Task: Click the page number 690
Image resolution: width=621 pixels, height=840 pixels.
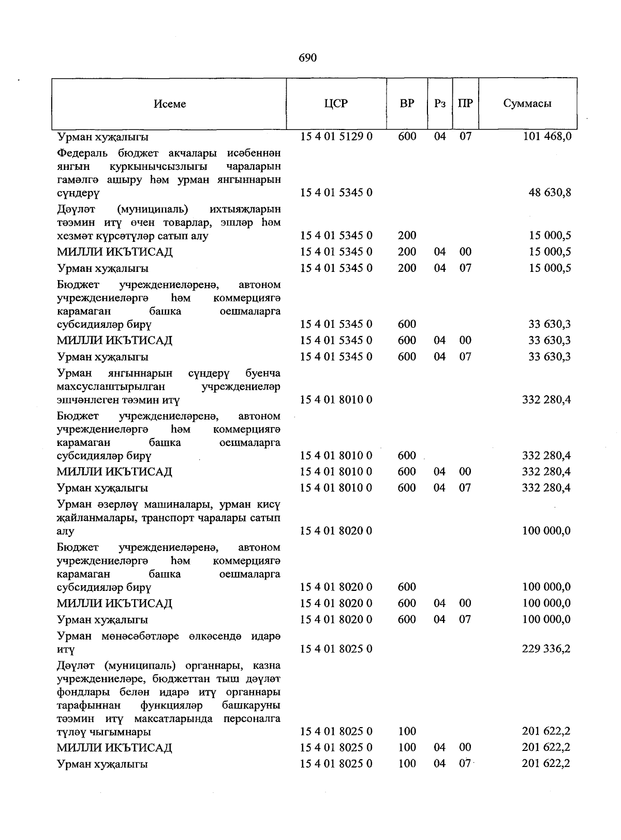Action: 307,57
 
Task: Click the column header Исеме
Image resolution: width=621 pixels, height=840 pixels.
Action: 170,104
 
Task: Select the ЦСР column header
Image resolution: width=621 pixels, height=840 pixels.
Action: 336,103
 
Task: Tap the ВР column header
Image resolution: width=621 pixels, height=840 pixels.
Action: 407,103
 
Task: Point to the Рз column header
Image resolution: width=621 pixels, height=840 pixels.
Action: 440,103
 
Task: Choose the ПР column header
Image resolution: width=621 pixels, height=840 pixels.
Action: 465,103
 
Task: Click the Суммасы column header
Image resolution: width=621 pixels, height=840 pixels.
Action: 527,103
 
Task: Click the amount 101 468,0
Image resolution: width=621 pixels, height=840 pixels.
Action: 547,137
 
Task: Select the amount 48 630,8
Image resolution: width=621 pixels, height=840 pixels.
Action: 550,193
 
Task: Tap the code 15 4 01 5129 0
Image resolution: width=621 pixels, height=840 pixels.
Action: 336,137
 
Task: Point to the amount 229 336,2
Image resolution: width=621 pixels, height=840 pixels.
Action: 546,649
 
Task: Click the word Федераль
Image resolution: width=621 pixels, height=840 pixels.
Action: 83,153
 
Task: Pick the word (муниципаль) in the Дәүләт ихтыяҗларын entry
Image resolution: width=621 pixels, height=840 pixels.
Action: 153,209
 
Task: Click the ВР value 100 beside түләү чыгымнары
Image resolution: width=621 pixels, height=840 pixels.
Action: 407,732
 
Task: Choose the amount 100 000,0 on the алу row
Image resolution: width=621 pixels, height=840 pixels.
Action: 546,531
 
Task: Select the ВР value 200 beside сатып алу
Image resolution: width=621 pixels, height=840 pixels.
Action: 407,236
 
